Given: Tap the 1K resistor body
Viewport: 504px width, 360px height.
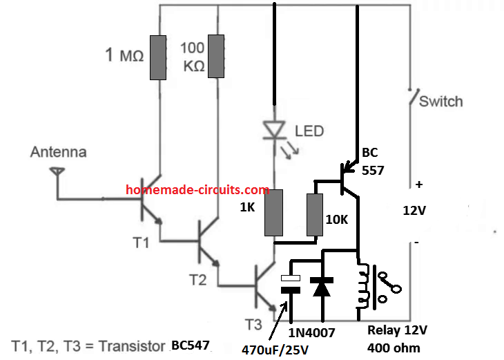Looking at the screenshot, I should [275, 213].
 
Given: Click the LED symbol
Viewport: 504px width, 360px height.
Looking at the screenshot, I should [275, 131].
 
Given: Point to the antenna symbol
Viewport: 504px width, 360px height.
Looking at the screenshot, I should [58, 176].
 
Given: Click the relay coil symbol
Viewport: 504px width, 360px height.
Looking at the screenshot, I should [360, 285].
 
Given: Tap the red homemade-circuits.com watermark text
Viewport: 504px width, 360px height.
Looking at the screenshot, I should [197, 190].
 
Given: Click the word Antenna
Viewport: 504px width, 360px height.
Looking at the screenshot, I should [58, 153].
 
